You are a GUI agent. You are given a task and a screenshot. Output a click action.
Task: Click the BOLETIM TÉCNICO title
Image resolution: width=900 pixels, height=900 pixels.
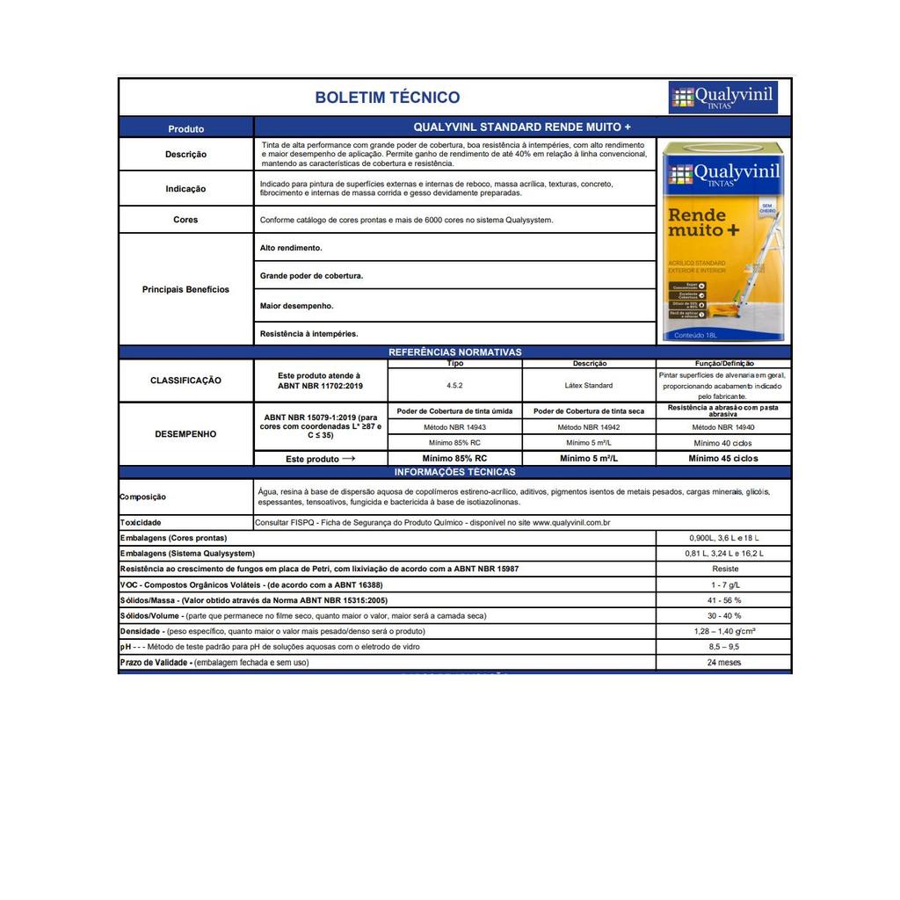click(387, 98)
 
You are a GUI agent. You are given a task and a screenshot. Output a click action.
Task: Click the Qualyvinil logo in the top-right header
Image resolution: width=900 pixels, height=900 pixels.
click(722, 97)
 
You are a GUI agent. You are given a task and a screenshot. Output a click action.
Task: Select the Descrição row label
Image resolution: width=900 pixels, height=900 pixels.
click(186, 155)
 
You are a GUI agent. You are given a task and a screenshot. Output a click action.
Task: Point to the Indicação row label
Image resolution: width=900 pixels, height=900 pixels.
click(185, 189)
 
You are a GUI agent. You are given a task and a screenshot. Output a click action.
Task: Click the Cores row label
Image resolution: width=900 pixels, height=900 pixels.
click(185, 220)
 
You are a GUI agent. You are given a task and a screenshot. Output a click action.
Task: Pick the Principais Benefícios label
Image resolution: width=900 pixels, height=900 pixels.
click(185, 289)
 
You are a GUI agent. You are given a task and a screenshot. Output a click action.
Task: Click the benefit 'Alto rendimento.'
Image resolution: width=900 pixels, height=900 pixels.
click(291, 248)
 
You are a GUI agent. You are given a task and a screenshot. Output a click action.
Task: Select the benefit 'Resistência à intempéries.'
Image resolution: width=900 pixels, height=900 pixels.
click(308, 334)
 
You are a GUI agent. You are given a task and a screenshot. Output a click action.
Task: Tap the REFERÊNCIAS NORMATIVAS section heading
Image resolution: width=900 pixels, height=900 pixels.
click(454, 352)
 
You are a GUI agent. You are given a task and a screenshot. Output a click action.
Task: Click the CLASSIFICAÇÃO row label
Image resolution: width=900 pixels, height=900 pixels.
click(185, 381)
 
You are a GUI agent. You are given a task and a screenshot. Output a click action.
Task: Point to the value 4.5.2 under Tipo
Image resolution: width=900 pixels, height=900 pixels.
click(454, 385)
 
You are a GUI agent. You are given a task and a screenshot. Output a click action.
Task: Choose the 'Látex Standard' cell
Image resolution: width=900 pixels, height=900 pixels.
click(589, 385)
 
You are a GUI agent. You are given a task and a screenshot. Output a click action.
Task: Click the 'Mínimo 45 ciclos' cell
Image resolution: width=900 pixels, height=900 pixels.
click(722, 458)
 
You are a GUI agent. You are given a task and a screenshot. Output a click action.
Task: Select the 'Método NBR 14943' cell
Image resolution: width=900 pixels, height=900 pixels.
click(454, 427)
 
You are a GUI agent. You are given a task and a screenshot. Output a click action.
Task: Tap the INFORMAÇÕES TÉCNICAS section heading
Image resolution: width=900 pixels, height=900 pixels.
click(454, 472)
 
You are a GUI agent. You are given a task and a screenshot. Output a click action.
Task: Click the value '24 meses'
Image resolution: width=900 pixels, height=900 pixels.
click(723, 663)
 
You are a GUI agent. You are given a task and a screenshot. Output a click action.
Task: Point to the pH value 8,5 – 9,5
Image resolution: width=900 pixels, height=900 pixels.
click(723, 647)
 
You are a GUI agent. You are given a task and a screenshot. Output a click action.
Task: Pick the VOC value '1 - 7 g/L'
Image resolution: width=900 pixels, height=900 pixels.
click(723, 584)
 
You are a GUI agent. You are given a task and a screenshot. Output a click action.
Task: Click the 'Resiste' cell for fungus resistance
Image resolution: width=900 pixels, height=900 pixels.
click(723, 569)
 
